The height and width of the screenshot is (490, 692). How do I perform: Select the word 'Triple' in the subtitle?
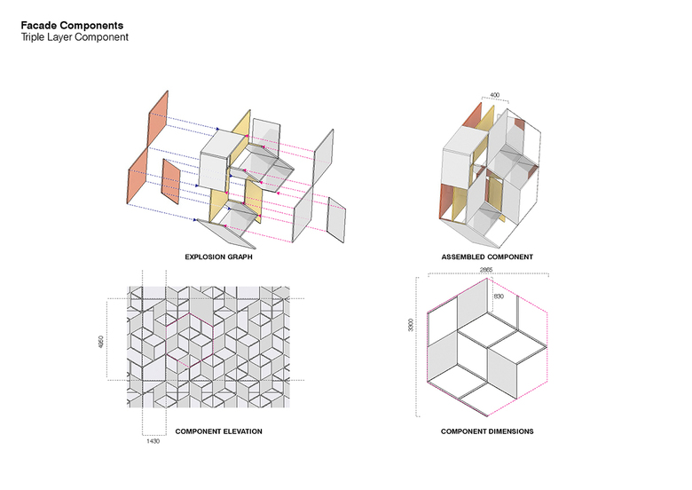pyautogui.click(x=33, y=37)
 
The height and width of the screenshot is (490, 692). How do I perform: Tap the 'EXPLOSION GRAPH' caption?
pyautogui.click(x=218, y=257)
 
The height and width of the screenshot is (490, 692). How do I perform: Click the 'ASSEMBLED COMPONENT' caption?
pyautogui.click(x=487, y=257)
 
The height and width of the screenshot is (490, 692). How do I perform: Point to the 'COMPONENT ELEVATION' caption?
pyautogui.click(x=218, y=431)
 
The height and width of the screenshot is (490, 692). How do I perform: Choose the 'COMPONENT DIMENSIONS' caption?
pyautogui.click(x=487, y=431)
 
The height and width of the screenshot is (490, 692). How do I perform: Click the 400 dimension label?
pyautogui.click(x=495, y=95)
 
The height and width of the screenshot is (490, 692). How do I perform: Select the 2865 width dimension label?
pyautogui.click(x=486, y=269)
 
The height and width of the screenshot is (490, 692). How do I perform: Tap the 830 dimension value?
pyautogui.click(x=499, y=296)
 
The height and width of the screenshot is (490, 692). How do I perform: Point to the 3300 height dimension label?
pyautogui.click(x=411, y=326)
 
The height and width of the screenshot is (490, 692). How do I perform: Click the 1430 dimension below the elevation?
pyautogui.click(x=153, y=440)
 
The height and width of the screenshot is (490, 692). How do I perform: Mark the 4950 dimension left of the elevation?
pyautogui.click(x=100, y=342)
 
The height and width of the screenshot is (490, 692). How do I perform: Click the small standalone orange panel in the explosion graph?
pyautogui.click(x=171, y=182)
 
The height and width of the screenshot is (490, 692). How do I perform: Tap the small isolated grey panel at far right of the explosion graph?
pyautogui.click(x=336, y=220)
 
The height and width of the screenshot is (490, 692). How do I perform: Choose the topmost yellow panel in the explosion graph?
pyautogui.click(x=241, y=124)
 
